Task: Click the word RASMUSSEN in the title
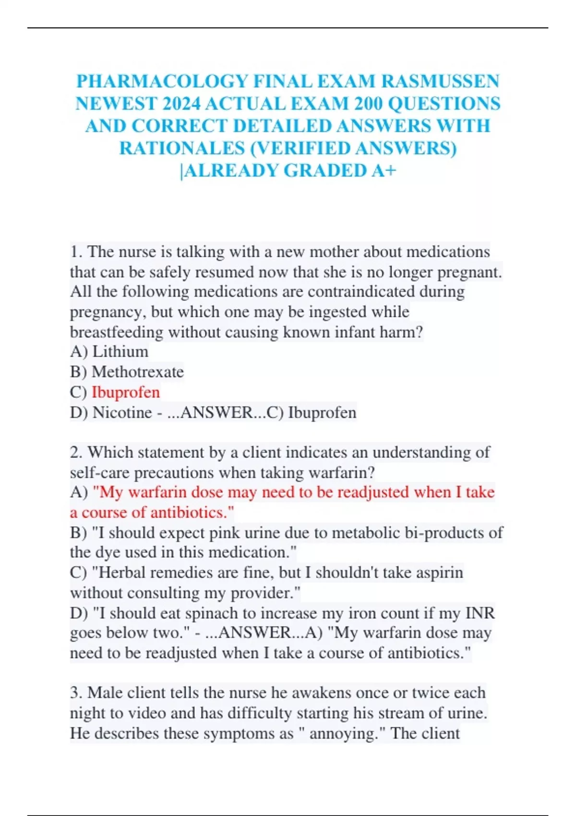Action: coord(440,81)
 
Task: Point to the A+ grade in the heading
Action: coord(384,170)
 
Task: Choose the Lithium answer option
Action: coord(120,352)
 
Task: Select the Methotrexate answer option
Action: coord(138,372)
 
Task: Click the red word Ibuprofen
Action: coord(126,392)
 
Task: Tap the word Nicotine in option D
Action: coord(122,412)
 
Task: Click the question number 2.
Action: coord(75,452)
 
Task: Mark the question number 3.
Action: coord(75,693)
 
